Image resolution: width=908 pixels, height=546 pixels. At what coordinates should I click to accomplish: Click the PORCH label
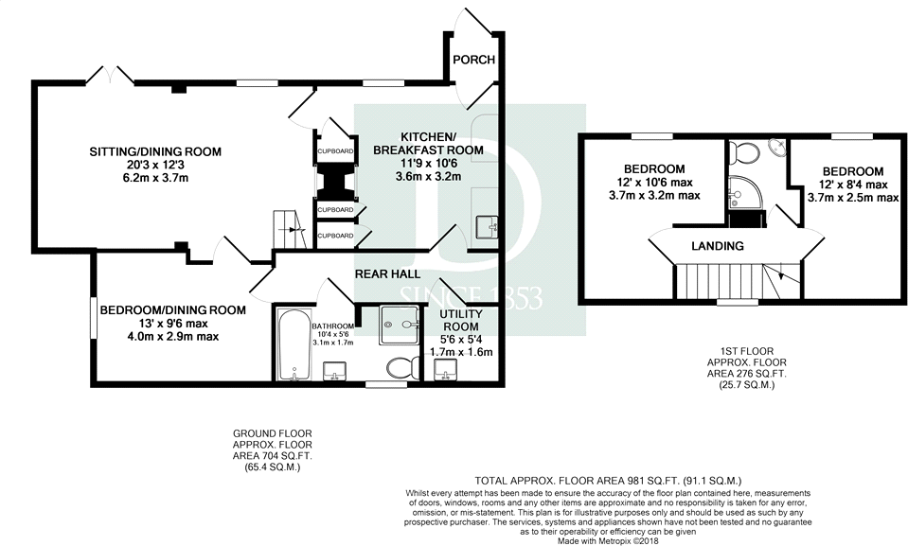point(473,61)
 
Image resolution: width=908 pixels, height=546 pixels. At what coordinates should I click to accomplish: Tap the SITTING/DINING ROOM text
point(155,151)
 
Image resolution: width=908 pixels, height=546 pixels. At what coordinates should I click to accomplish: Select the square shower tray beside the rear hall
point(404,325)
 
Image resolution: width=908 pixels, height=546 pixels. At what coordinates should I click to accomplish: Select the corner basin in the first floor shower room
point(776,148)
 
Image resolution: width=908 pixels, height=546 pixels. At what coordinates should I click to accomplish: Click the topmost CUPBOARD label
point(335,151)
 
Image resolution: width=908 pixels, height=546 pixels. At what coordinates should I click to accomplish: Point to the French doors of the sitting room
point(107,74)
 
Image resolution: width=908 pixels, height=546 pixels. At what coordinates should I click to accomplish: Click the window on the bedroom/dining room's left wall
point(92,316)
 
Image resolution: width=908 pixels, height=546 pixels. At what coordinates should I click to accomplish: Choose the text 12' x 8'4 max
point(846,185)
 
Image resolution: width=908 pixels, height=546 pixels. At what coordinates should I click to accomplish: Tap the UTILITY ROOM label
point(462,320)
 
